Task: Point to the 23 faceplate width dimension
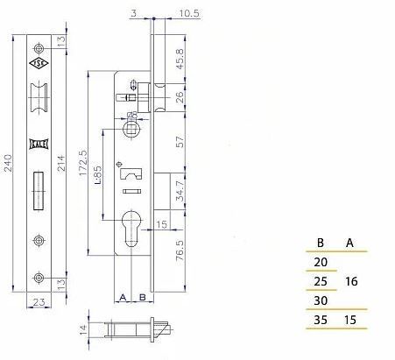coord(38,302)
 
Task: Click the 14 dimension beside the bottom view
coord(83,331)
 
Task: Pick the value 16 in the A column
coord(350,282)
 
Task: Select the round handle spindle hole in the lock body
coord(130,129)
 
